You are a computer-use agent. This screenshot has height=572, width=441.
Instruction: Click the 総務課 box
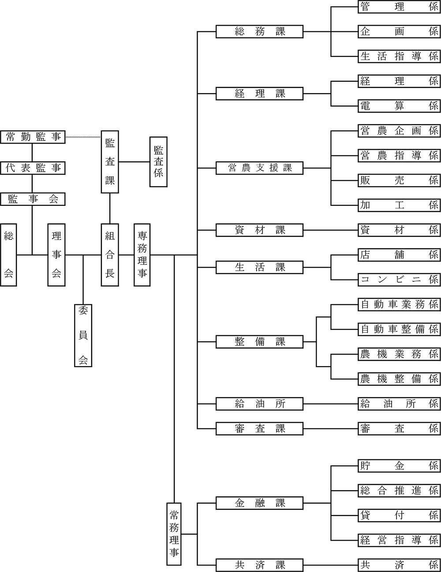coord(260,32)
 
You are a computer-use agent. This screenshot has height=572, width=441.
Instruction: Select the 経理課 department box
coord(260,94)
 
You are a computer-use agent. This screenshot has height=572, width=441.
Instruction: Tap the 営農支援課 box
coord(260,168)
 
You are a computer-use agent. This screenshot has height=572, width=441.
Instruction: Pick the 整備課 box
coord(260,342)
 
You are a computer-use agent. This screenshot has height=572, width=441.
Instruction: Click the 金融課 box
coord(260,503)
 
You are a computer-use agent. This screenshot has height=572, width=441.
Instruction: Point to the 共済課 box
coord(260,564)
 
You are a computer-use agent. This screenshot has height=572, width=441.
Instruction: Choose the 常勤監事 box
coord(33,137)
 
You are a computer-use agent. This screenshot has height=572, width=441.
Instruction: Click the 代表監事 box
coord(33,168)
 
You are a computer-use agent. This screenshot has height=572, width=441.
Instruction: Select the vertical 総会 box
coord(9,255)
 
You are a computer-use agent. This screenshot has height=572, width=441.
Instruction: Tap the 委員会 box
coord(83,336)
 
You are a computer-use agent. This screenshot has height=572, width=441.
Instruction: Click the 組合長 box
coord(110,255)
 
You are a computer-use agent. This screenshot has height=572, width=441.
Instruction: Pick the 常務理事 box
coord(174,534)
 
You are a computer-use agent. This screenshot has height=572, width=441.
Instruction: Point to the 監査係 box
coord(158,162)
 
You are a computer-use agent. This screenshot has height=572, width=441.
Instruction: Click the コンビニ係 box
coord(399,279)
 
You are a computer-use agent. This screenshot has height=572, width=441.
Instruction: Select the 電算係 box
coord(399,106)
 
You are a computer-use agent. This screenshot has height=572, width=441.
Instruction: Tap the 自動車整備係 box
coord(399,329)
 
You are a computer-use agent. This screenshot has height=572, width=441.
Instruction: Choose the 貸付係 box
coord(399,515)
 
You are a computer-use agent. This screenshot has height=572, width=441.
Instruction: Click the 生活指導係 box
coord(399,57)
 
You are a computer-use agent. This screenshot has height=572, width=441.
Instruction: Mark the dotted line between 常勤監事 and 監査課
coord(83,137)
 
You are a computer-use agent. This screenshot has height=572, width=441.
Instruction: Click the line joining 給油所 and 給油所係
coord(331,404)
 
